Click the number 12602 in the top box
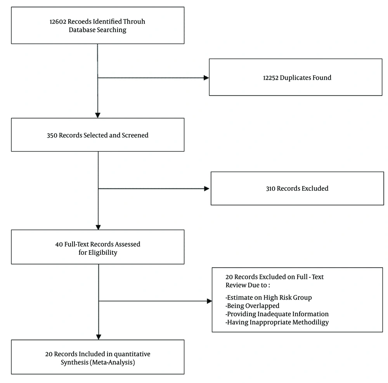click(58, 21)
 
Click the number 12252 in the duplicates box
click(270, 78)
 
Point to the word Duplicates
click(295, 78)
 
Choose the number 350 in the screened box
click(52, 135)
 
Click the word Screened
click(135, 135)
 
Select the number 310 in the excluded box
click(270, 188)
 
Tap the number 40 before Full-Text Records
click(59, 244)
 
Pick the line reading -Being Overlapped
click(253, 306)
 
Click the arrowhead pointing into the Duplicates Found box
click(206, 78)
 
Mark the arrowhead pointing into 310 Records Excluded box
click(207, 189)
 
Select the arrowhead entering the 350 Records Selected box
click(98, 115)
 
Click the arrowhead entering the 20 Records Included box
click(99, 337)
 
